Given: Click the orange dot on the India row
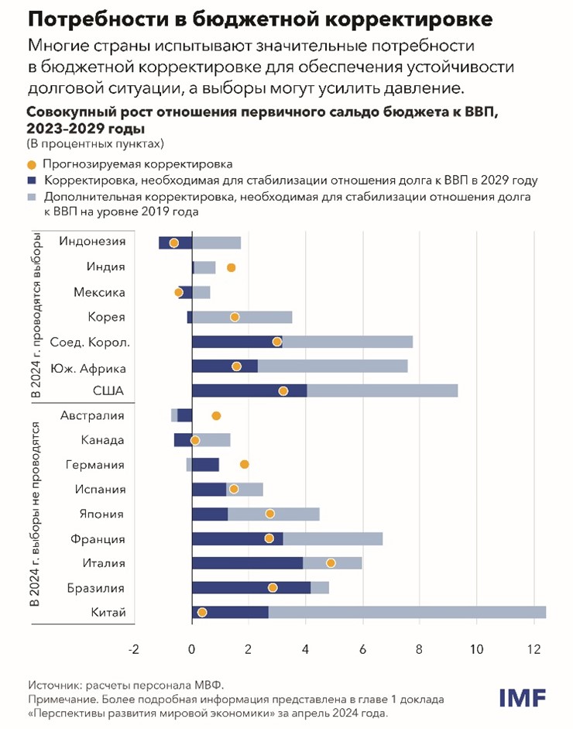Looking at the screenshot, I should (x=231, y=267).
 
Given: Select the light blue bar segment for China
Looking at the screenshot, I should (x=407, y=612).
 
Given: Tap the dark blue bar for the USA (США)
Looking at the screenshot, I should (x=248, y=390).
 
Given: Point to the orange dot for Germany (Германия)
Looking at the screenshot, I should (x=245, y=464).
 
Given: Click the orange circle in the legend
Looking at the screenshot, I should (x=31, y=164).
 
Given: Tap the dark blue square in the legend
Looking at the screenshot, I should (x=31, y=181).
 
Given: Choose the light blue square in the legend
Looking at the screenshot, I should (x=31, y=197).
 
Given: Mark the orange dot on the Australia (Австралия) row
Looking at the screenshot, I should (x=216, y=415).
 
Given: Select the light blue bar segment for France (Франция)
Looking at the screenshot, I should (x=333, y=538).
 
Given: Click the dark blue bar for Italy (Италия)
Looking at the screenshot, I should (x=246, y=562).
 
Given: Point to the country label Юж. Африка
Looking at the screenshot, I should (x=87, y=368).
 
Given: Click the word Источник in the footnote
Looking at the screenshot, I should (x=56, y=684).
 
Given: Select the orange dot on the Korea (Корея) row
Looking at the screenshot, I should (x=235, y=317).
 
